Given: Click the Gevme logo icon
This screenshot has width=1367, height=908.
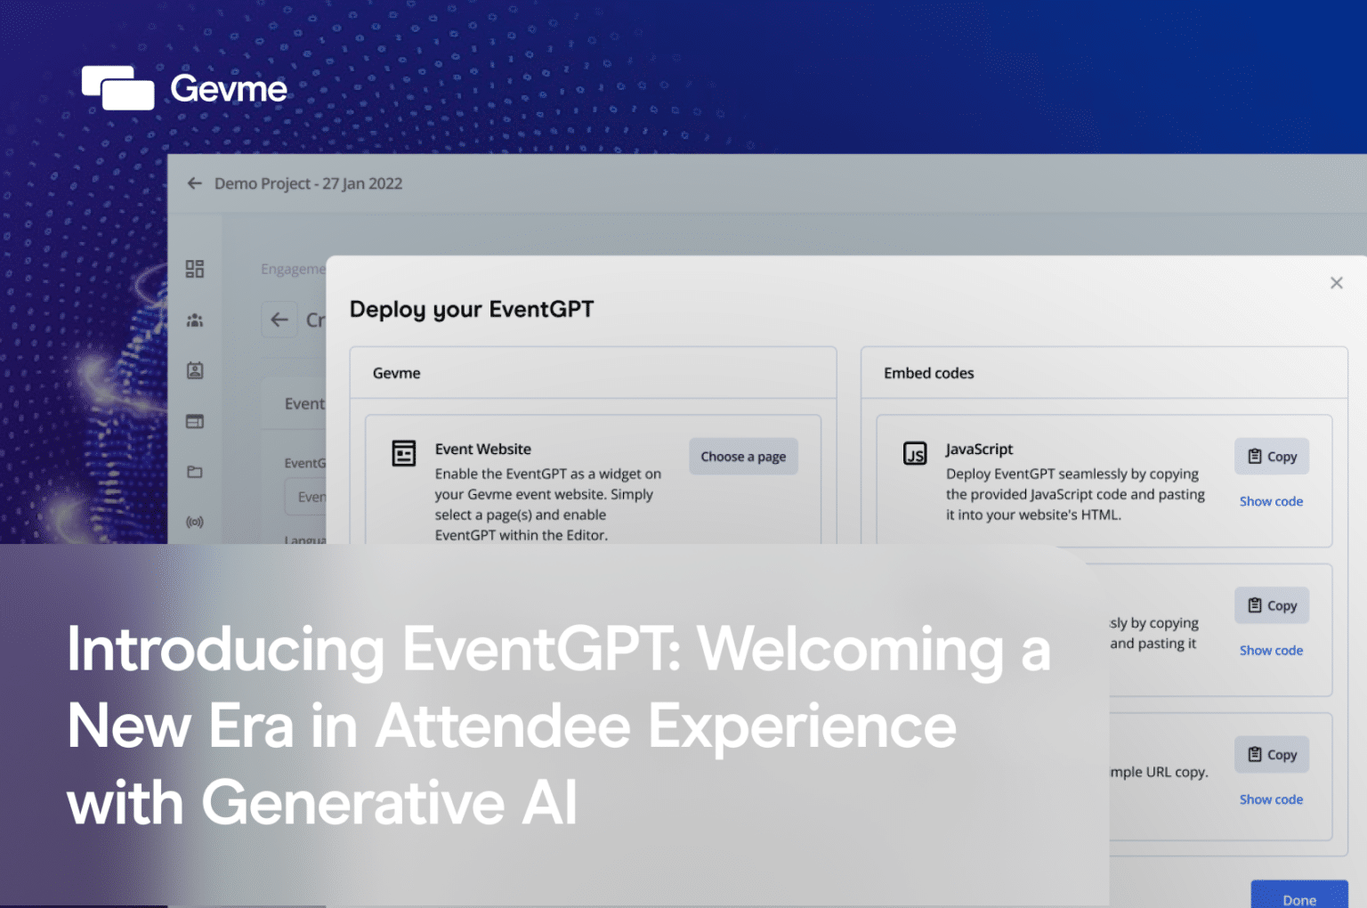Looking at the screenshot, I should coord(117,88).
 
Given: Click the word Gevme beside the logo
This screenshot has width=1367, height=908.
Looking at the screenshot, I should coord(229,89).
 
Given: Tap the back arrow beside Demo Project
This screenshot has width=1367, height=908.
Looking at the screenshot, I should coord(195,183).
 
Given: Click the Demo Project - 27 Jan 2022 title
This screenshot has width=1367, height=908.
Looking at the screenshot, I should coord(308,183).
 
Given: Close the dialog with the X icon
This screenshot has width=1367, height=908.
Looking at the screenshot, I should coord(1336,283).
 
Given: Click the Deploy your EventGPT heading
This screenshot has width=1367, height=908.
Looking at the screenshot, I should coord(471,310).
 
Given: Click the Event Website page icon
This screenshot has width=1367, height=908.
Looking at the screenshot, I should coord(404,453).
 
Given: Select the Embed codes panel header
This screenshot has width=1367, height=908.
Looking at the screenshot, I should coord(928,374).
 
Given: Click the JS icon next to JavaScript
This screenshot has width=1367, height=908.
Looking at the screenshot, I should coord(915,453).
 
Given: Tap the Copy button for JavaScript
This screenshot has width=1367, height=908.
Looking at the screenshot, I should coord(1271,457).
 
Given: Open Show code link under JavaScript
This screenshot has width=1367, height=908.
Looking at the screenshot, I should coord(1271,502).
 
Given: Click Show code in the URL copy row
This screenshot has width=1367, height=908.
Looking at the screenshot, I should coord(1271,799).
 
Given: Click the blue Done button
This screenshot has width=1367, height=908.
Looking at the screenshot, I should coord(1298,897).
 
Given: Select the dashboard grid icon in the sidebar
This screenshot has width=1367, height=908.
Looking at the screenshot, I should coord(195,269).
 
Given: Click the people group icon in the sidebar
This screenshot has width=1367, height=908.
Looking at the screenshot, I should coord(195,320).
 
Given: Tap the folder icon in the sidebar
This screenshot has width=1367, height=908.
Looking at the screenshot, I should coord(195,472).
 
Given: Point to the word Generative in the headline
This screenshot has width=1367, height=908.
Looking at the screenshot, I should coord(353,803).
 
